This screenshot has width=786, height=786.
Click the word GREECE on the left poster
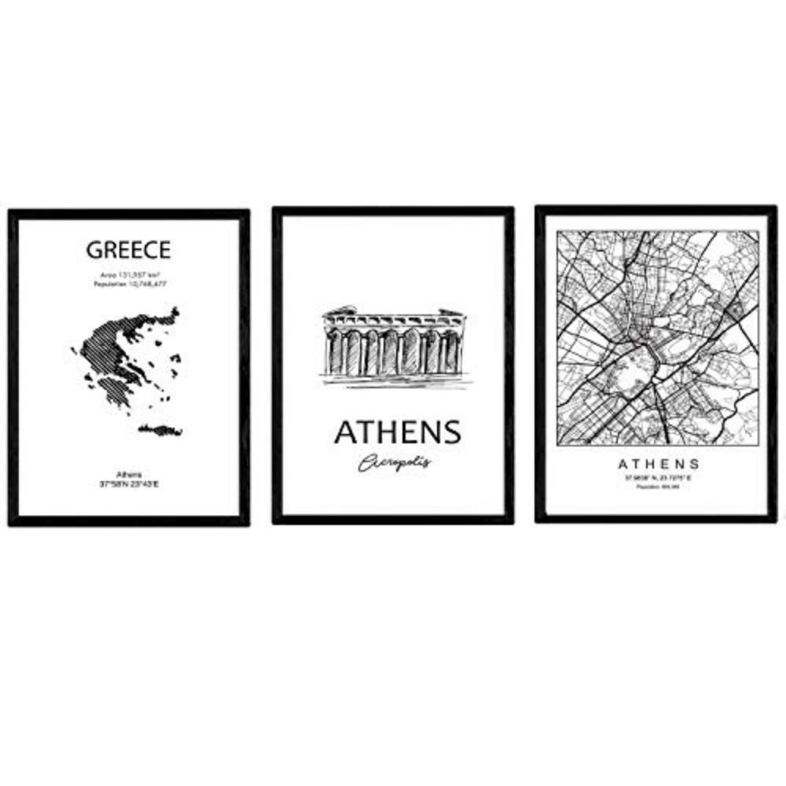coord(128,250)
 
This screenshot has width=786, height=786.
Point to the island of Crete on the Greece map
coord(160,429)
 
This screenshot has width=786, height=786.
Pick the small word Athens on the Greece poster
coord(128,475)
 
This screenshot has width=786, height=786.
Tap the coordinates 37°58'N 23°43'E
coord(128,484)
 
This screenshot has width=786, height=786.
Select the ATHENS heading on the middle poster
coord(397,432)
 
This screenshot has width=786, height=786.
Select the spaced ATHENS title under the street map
coord(659,464)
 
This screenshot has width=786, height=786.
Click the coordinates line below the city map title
coord(659,478)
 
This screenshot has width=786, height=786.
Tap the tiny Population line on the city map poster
coord(659,487)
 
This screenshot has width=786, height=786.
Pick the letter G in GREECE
coord(94,250)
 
